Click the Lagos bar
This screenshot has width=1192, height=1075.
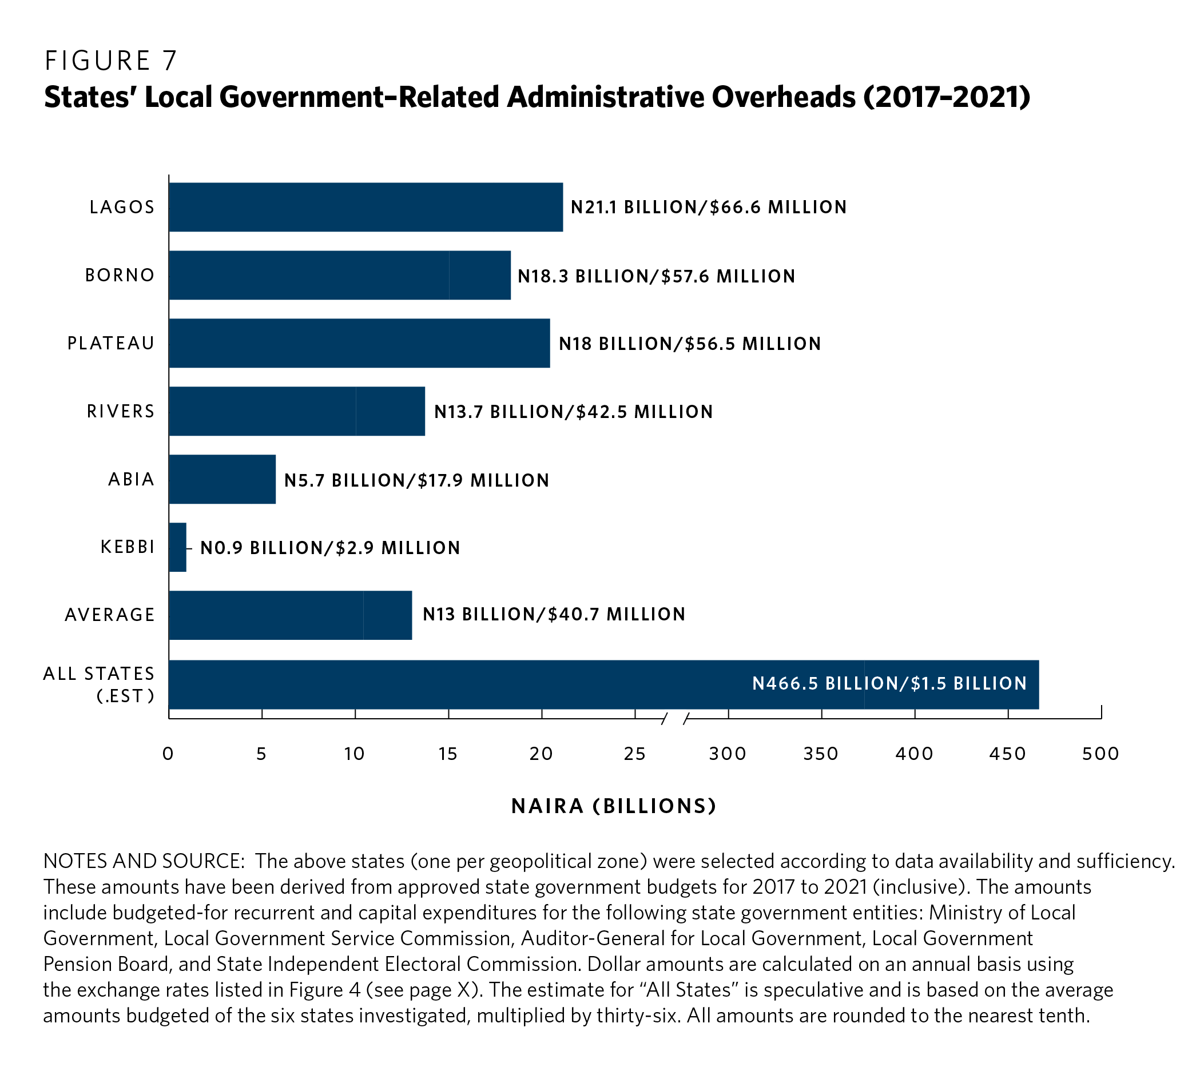[365, 207]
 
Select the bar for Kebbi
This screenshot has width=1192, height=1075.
[178, 547]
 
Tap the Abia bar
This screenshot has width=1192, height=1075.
[222, 479]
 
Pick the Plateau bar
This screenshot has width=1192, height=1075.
[359, 343]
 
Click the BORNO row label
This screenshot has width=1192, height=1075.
[120, 275]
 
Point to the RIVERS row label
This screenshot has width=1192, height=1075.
[121, 411]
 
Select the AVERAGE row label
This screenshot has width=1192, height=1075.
[110, 615]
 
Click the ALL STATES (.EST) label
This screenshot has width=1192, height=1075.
[99, 684]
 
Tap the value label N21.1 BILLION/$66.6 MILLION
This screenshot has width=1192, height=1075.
[708, 208]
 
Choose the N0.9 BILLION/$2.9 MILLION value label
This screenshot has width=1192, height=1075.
[330, 548]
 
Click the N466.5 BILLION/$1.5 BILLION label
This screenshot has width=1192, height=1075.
[889, 683]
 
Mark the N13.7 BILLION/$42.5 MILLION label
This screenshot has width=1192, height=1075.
[574, 412]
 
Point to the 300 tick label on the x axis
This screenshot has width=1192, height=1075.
[728, 754]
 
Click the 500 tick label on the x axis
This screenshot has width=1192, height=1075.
[1100, 754]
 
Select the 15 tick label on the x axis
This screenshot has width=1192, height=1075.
[448, 754]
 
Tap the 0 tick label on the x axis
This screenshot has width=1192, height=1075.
[168, 754]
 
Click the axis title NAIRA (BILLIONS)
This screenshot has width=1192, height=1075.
[614, 806]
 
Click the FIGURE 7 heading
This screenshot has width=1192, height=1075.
[111, 61]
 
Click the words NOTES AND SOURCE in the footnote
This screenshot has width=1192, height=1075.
[144, 861]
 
